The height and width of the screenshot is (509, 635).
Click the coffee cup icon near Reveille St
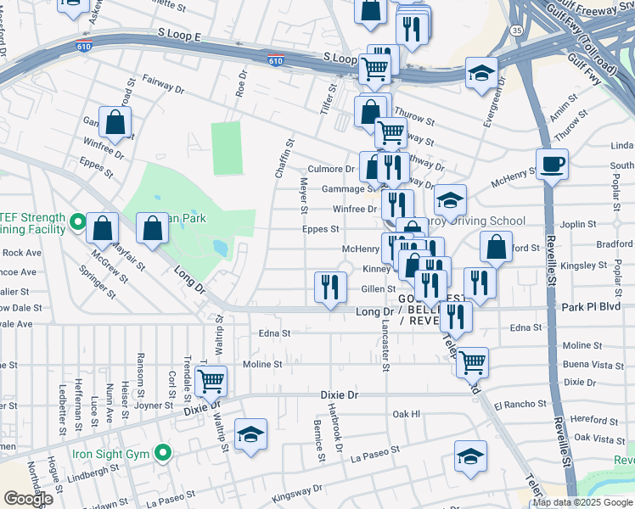coord(552,164)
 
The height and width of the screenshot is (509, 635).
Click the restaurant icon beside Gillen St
coord(329,287)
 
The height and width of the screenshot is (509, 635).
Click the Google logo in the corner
coord(27,499)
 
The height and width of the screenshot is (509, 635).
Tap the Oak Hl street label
coord(407,414)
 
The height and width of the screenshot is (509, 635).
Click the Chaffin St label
coord(282,159)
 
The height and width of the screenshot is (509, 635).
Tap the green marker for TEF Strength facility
coord(77,223)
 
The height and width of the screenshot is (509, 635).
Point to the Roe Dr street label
coord(242,86)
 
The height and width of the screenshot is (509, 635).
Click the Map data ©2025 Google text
coord(582,503)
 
